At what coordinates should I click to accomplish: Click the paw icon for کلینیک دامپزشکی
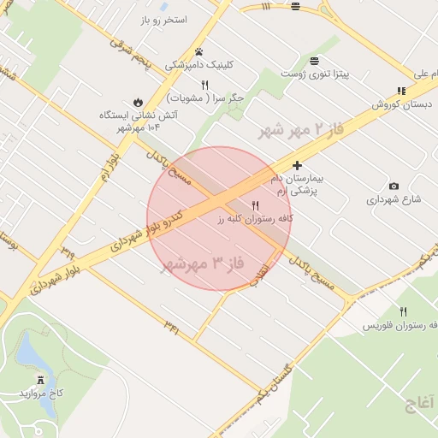pyautogui.click(x=198, y=51)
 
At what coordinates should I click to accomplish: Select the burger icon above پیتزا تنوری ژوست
pyautogui.click(x=316, y=60)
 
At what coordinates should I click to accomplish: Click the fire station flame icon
pyautogui.click(x=138, y=101)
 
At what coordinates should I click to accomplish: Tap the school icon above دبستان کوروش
pyautogui.click(x=401, y=92)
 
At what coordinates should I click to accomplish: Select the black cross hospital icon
pyautogui.click(x=297, y=164)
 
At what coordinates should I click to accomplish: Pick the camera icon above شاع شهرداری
pyautogui.click(x=394, y=186)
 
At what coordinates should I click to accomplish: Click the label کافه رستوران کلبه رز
pyautogui.click(x=254, y=219)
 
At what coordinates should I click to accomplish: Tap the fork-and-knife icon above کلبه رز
pyautogui.click(x=255, y=205)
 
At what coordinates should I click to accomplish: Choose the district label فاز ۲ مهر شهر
pyautogui.click(x=300, y=131)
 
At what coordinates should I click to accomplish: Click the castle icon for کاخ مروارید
pyautogui.click(x=41, y=379)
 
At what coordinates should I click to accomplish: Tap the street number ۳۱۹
pyautogui.click(x=67, y=250)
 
